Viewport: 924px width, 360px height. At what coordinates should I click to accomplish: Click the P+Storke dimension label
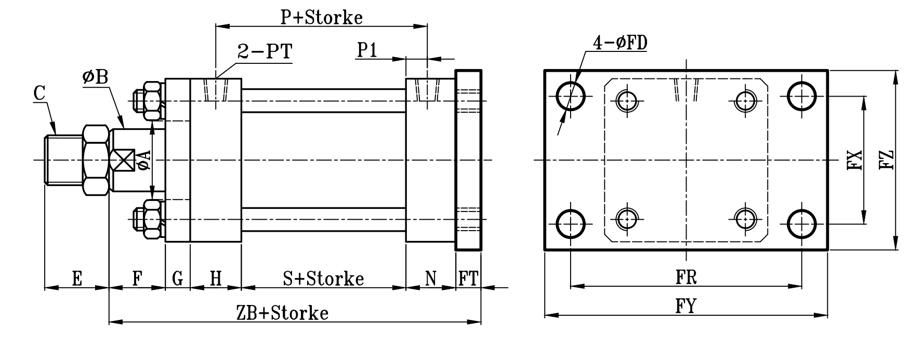tap(321, 18)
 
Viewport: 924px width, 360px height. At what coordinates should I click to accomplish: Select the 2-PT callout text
tap(265, 52)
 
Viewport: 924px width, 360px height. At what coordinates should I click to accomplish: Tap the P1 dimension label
tap(367, 50)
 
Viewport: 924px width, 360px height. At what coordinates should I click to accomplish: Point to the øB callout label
tap(95, 77)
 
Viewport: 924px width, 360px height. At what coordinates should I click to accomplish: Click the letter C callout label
tap(39, 94)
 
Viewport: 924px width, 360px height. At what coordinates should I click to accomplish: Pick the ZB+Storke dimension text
tap(282, 313)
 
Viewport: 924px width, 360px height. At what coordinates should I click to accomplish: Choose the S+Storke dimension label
tap(323, 279)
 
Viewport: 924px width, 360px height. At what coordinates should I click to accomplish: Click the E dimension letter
tap(76, 279)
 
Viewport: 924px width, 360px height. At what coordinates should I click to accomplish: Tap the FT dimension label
tap(468, 279)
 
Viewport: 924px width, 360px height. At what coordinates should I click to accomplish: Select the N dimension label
tap(430, 279)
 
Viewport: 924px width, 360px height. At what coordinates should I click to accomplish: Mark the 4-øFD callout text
tap(620, 43)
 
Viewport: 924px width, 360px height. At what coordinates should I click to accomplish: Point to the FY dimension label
tap(686, 306)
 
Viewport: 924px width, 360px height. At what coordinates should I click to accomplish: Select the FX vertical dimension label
tap(854, 160)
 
